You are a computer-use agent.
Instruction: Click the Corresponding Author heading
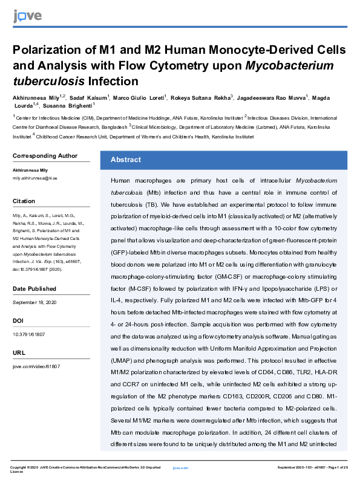click(x=45, y=156)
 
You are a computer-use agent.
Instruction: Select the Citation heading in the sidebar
click(x=24, y=201)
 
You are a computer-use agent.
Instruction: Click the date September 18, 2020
click(x=37, y=302)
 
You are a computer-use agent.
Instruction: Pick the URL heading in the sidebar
click(x=19, y=352)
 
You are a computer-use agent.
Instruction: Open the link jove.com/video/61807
click(x=36, y=367)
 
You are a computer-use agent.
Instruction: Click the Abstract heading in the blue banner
click(x=125, y=160)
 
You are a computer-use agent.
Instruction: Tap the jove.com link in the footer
click(x=180, y=468)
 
